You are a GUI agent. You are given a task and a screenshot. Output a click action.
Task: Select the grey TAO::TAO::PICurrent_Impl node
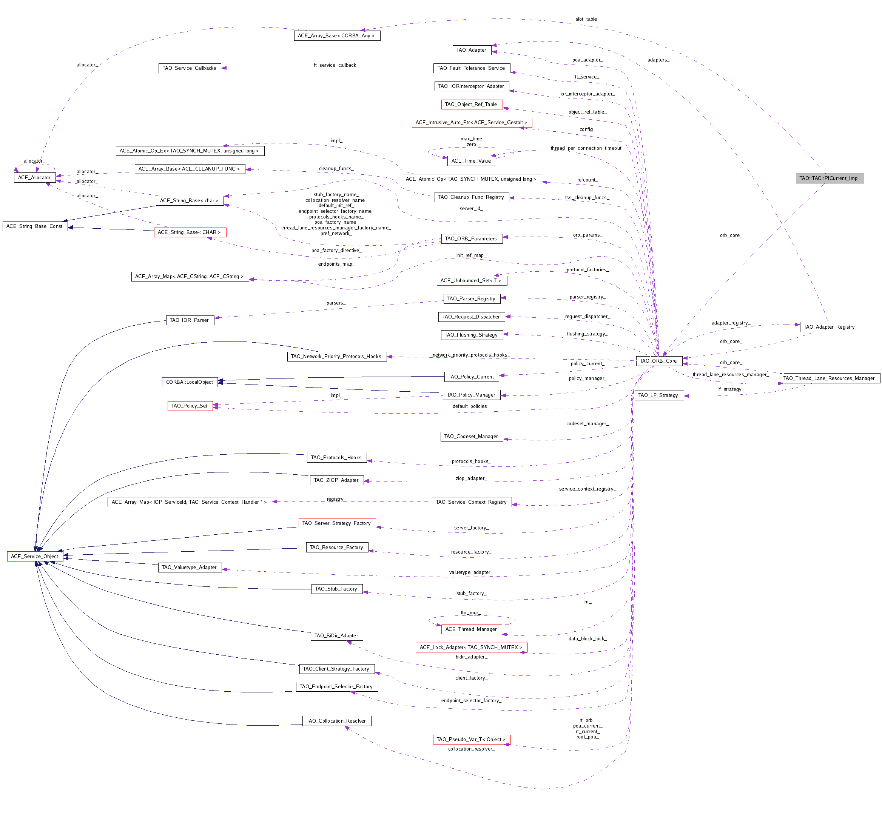829,178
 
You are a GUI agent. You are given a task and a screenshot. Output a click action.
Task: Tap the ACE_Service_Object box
35,556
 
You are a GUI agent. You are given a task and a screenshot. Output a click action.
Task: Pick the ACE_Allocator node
35,177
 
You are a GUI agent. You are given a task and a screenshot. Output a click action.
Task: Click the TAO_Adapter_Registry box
829,327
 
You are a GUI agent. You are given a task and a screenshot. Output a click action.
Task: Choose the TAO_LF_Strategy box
658,395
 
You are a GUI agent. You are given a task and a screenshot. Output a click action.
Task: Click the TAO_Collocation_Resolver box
336,721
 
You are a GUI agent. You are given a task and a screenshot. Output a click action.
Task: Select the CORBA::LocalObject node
190,382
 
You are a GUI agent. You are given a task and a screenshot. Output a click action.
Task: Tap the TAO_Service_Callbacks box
190,68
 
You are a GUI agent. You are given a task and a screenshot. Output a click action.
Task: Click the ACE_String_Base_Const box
35,226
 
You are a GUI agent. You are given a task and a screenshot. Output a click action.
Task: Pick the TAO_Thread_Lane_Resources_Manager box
829,378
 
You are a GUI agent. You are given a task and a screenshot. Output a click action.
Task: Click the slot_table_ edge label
587,19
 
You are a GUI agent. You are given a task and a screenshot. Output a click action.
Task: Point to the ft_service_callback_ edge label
336,65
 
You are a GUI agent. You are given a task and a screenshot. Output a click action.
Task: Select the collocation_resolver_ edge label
471,749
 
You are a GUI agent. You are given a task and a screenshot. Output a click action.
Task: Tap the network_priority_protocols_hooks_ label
471,355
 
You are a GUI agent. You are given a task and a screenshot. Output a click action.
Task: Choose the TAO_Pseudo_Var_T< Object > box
471,739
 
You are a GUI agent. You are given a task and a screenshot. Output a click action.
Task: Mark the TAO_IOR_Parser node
190,320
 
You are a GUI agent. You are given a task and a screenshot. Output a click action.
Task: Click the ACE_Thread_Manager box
471,629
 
